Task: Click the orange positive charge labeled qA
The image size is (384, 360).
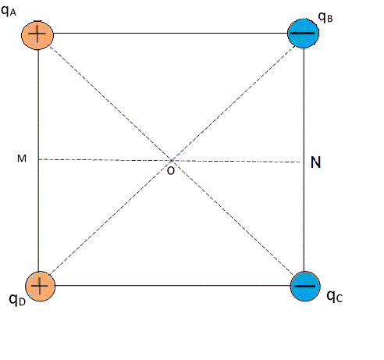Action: coord(37,35)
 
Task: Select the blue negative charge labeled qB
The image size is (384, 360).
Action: coord(303,33)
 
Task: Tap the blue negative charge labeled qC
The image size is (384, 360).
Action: coord(305,287)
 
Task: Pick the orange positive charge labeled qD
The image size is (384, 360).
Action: coord(40,287)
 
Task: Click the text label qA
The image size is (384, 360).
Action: coord(9,11)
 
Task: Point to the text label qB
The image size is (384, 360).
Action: coord(325,17)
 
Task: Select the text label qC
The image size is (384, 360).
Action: coord(335,296)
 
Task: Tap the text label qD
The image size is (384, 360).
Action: coord(17,300)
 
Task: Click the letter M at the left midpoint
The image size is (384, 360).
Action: coord(22,159)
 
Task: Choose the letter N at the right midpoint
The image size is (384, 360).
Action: coord(315,162)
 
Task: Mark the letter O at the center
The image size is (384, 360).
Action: coord(171,171)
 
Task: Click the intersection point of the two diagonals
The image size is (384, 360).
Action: coord(172,160)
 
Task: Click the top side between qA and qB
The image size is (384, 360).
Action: coord(170,33)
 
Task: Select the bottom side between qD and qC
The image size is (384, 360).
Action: coord(172,286)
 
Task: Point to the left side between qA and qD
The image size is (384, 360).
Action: coord(38,160)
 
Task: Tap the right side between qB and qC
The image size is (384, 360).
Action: coord(304,160)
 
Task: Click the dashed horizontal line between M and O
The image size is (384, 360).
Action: coord(105,160)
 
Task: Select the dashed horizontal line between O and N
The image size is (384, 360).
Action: coord(236,162)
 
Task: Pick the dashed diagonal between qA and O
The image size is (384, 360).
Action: coord(110,103)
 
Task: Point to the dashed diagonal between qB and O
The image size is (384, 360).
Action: coord(234,102)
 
